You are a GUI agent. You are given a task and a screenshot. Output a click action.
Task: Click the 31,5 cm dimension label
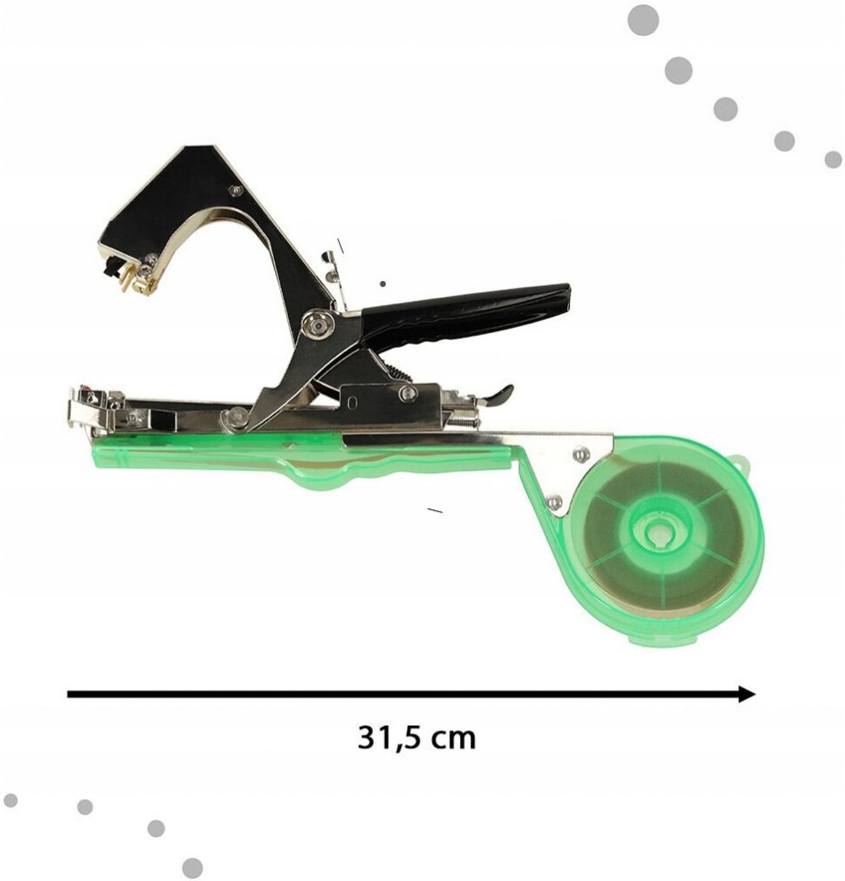416,737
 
